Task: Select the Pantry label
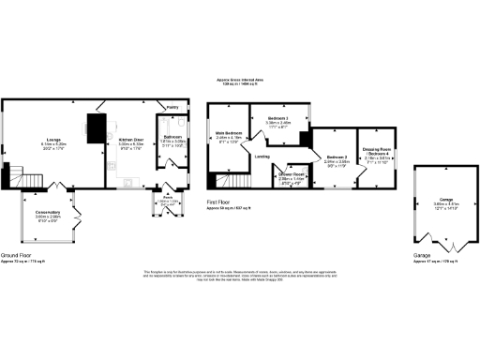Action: [172, 108]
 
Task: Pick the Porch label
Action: [168, 199]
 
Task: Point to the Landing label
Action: [264, 157]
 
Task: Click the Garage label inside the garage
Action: [439, 201]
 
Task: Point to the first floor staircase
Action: [226, 181]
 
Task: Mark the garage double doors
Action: [439, 239]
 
